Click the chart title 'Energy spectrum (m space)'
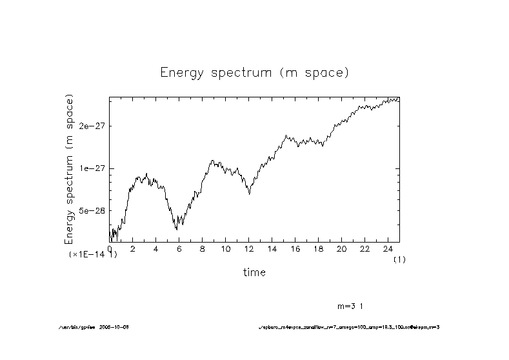(254, 72)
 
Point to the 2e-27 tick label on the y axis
(92, 126)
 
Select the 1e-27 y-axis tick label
(92, 168)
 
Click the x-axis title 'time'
(254, 272)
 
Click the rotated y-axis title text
(70, 169)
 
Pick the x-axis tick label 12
(248, 250)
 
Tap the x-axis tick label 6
(179, 250)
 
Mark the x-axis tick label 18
(317, 250)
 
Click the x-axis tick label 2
(132, 250)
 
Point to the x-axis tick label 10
(225, 250)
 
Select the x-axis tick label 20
(341, 250)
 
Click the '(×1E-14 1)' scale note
(93, 255)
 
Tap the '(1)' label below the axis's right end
(399, 259)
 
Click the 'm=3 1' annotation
(352, 305)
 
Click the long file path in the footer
(348, 327)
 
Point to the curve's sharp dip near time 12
(249, 194)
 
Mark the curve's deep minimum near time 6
(176, 229)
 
